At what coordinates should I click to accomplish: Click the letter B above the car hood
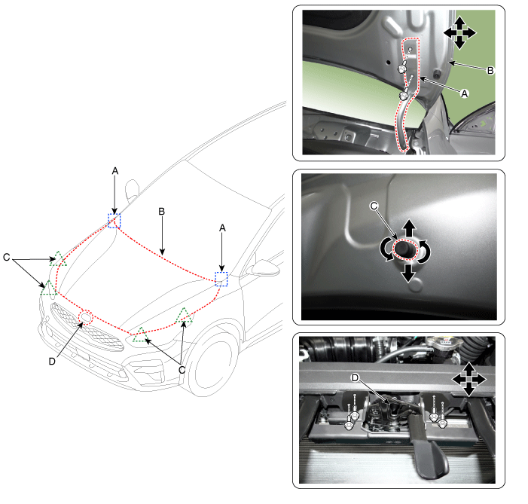[x=162, y=212]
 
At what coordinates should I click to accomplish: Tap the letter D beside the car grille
[x=52, y=362]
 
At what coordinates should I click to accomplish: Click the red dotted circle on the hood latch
[x=86, y=317]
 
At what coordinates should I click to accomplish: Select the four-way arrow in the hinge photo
[x=459, y=33]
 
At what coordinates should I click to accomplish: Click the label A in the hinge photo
[x=465, y=93]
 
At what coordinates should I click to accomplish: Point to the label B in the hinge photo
[x=490, y=71]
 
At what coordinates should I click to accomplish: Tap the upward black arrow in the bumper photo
[x=409, y=228]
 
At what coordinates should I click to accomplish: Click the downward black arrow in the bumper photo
[x=408, y=273]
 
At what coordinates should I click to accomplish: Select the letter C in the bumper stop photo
[x=374, y=206]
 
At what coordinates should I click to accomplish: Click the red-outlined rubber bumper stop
[x=405, y=249]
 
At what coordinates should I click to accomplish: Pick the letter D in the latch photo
[x=355, y=378]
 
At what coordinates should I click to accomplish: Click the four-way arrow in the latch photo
[x=468, y=380]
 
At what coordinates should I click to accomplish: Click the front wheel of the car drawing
[x=214, y=362]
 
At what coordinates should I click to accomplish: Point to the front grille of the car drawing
[x=87, y=326]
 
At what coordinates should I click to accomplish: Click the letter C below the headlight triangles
[x=182, y=370]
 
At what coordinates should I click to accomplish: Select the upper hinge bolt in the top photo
[x=401, y=69]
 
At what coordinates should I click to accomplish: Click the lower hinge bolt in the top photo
[x=404, y=96]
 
